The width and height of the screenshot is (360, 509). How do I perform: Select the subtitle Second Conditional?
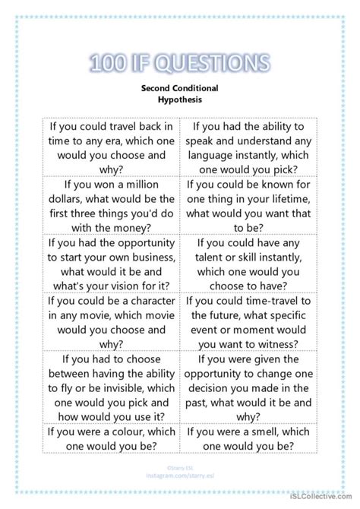(180, 87)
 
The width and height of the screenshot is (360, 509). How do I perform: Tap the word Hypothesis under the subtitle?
(180, 99)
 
